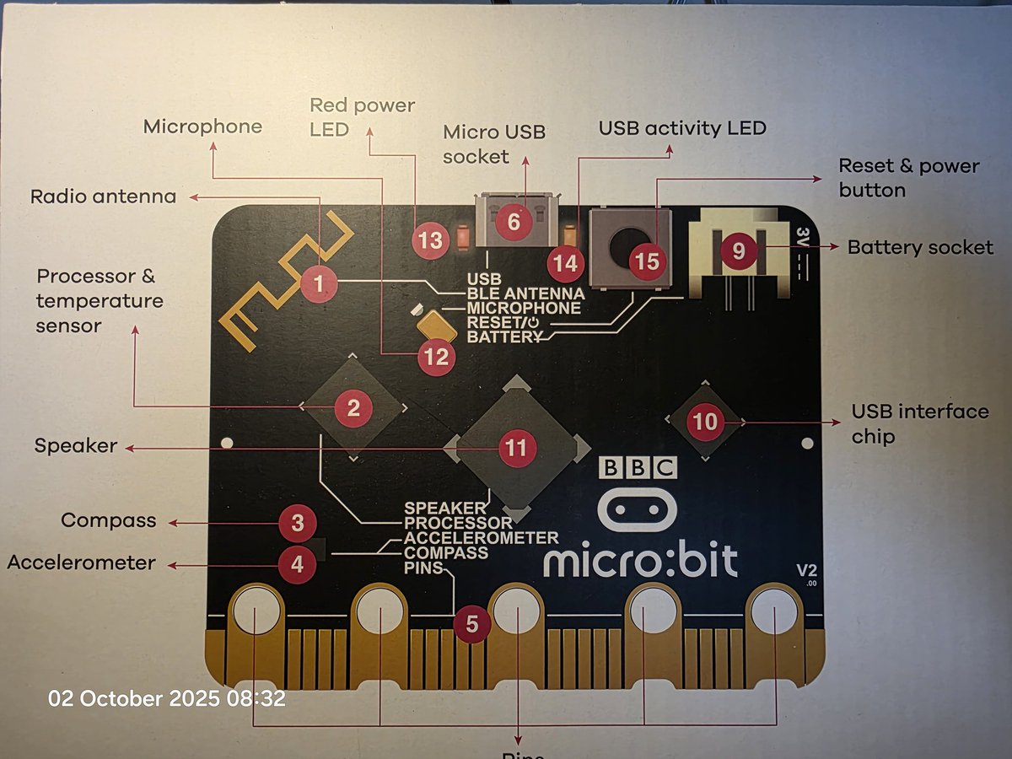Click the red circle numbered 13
pos(430,240)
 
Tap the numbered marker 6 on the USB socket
pos(514,221)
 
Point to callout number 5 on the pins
pos(471,624)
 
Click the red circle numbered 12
pos(437,357)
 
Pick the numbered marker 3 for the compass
pos(297,524)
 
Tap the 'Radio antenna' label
pos(103,196)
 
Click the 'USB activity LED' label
pos(682,128)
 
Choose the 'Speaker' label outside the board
pos(76,445)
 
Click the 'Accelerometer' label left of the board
pos(81,563)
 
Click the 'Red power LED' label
pos(363,117)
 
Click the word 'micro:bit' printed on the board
pos(641,561)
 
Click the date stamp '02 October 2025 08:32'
pos(167,698)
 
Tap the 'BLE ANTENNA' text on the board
pos(525,293)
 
